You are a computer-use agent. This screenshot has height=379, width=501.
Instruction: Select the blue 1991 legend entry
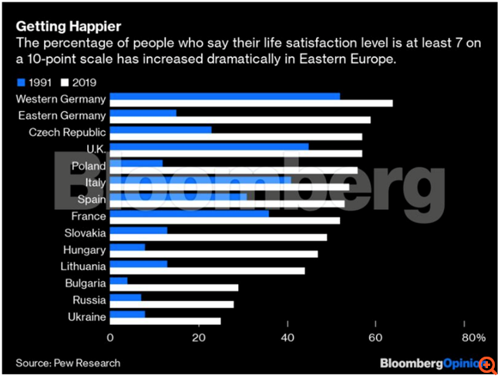(x=33, y=83)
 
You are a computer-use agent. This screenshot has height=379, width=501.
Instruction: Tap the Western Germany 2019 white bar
(x=251, y=103)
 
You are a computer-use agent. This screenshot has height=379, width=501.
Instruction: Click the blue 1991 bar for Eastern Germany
(x=143, y=113)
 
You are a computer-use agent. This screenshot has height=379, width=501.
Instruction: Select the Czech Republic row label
(x=67, y=132)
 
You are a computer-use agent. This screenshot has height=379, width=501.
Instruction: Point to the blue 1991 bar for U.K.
(x=209, y=146)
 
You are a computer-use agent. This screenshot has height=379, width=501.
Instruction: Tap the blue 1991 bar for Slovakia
(x=139, y=231)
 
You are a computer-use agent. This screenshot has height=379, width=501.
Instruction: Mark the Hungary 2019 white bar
(x=214, y=253)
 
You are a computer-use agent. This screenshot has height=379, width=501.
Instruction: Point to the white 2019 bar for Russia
(x=172, y=304)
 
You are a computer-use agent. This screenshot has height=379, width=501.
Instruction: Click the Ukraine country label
(x=86, y=316)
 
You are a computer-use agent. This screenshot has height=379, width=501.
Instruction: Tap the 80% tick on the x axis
(x=473, y=338)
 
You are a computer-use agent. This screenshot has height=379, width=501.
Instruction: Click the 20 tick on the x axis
(x=199, y=338)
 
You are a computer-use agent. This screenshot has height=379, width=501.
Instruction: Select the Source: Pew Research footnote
(x=68, y=362)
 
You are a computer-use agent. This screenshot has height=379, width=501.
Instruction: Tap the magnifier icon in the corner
(x=487, y=362)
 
